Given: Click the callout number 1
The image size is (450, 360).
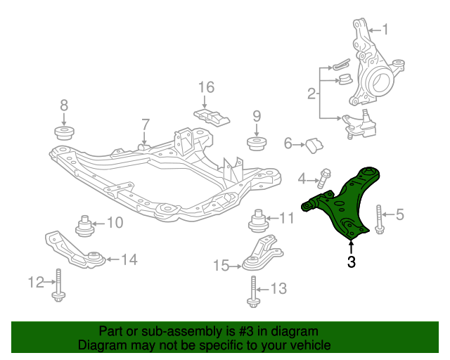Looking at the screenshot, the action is [x=385, y=30].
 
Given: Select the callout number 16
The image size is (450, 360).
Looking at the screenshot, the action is [x=205, y=87].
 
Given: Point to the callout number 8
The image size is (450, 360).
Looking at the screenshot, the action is [x=64, y=105].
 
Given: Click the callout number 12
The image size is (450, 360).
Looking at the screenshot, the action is [x=36, y=283].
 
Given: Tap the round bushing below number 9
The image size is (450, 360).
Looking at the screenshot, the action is [x=257, y=143].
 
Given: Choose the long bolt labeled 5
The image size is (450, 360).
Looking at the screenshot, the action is [x=380, y=220].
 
